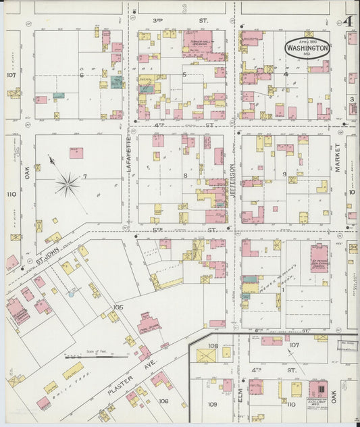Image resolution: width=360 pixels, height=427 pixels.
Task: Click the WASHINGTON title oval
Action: (x=307, y=47)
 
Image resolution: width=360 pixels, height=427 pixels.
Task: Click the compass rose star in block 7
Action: (x=66, y=183)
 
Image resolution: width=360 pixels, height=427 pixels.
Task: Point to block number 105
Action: (x=118, y=307)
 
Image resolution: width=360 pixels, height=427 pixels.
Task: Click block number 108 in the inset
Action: (x=213, y=346)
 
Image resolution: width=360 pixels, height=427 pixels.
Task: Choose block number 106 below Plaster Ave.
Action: (x=163, y=401)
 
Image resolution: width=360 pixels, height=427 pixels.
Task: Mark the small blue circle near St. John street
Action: (x=70, y=295)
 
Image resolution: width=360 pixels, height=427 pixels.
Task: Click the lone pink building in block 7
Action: (x=76, y=153)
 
